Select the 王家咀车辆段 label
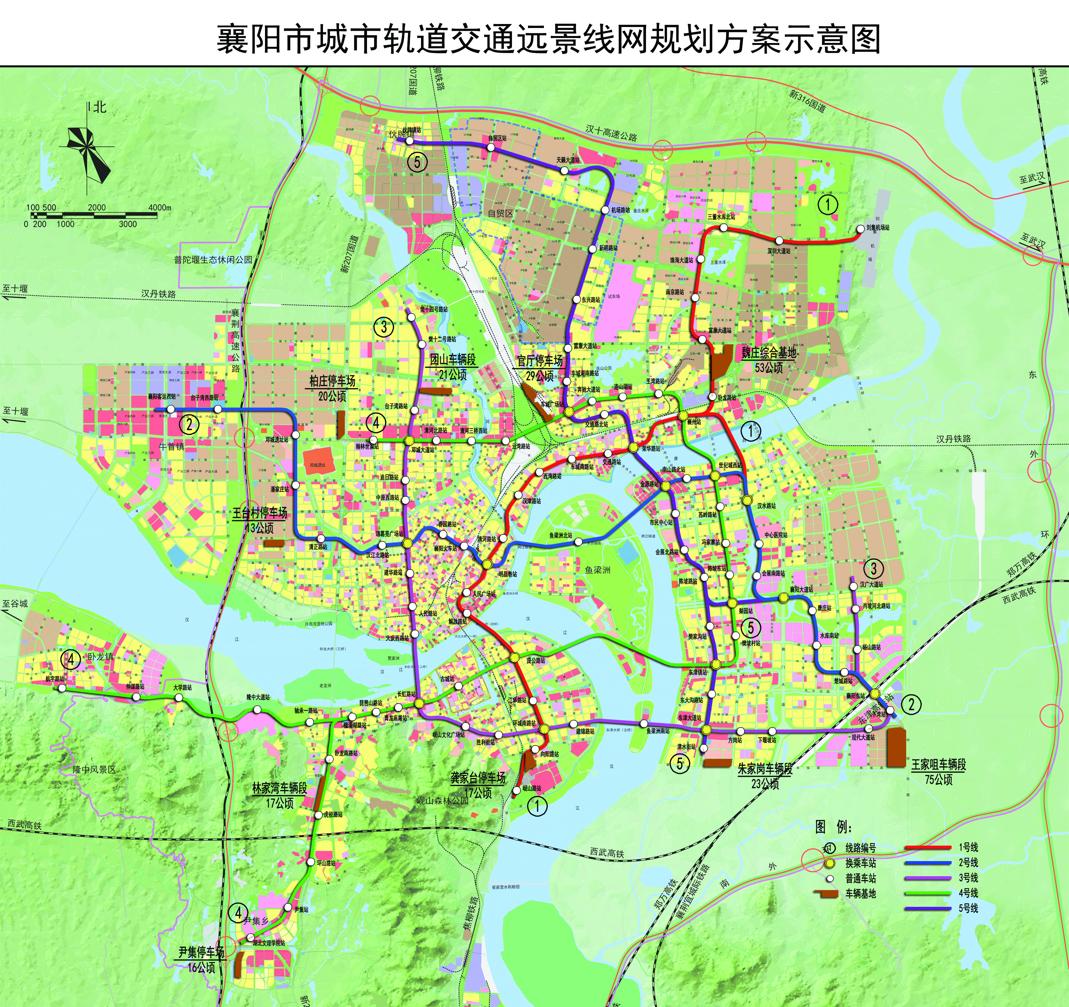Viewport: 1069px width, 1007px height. click(938, 764)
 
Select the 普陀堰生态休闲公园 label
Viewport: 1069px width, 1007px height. click(213, 259)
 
